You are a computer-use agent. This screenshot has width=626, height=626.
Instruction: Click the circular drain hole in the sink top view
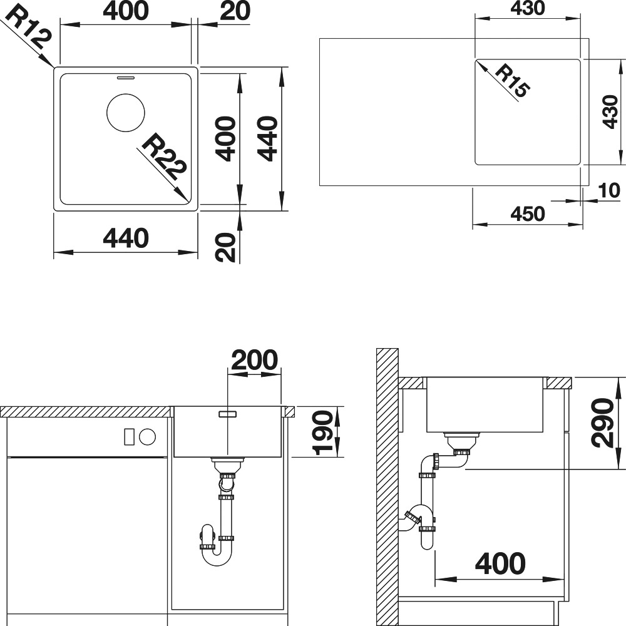(126, 113)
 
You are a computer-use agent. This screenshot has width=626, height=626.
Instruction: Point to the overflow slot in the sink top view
(126, 77)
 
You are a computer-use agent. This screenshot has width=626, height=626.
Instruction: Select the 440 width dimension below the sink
(126, 238)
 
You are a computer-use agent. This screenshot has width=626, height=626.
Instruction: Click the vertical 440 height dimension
(267, 138)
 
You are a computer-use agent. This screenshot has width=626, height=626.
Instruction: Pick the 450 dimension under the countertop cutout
(528, 214)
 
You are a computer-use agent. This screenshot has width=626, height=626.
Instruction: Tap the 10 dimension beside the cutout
(609, 191)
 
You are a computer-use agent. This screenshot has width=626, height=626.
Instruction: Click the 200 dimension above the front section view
(254, 360)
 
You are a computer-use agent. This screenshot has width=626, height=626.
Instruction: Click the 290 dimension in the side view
(602, 423)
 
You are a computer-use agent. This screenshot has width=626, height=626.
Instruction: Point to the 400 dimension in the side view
(500, 563)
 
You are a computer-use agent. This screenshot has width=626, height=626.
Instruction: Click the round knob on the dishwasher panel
(147, 437)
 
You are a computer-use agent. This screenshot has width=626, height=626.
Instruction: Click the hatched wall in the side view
(387, 487)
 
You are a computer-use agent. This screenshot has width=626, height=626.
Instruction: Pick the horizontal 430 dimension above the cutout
(528, 8)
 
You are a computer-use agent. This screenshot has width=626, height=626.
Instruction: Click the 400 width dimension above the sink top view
(126, 11)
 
